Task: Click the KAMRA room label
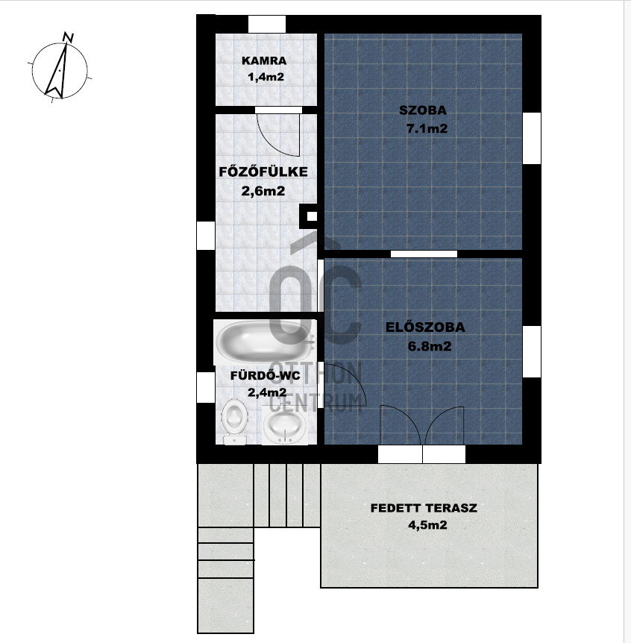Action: [264, 60]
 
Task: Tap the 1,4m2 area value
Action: [266, 77]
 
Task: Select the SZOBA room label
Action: [423, 110]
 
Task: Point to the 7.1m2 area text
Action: [427, 129]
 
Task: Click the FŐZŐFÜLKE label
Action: [263, 172]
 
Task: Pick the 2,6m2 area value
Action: [263, 191]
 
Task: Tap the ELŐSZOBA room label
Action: [425, 327]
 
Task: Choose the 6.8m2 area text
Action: [430, 347]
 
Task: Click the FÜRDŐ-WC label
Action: [265, 376]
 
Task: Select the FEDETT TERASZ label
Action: [424, 508]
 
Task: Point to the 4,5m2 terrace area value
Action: [427, 525]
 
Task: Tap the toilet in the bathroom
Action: [234, 421]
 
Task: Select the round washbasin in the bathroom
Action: [284, 424]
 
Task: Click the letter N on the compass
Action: [69, 37]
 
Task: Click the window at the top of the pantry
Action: [267, 24]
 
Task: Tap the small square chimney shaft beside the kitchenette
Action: [311, 216]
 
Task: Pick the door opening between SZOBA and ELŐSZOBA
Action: [424, 254]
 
